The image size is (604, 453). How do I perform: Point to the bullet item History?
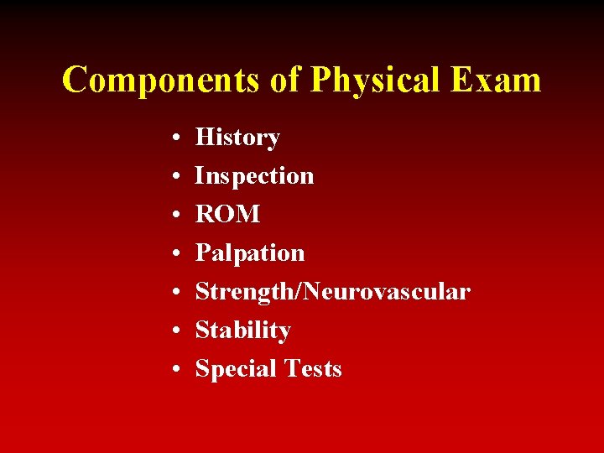(237, 138)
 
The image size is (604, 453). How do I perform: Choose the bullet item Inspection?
(254, 176)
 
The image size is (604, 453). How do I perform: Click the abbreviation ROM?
(227, 215)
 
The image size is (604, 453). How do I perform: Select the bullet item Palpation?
(250, 253)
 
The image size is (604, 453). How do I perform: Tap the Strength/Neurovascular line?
(332, 292)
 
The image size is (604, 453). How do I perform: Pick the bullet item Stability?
(242, 331)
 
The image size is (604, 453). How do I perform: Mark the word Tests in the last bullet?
(312, 369)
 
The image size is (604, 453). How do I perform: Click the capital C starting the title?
(75, 80)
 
